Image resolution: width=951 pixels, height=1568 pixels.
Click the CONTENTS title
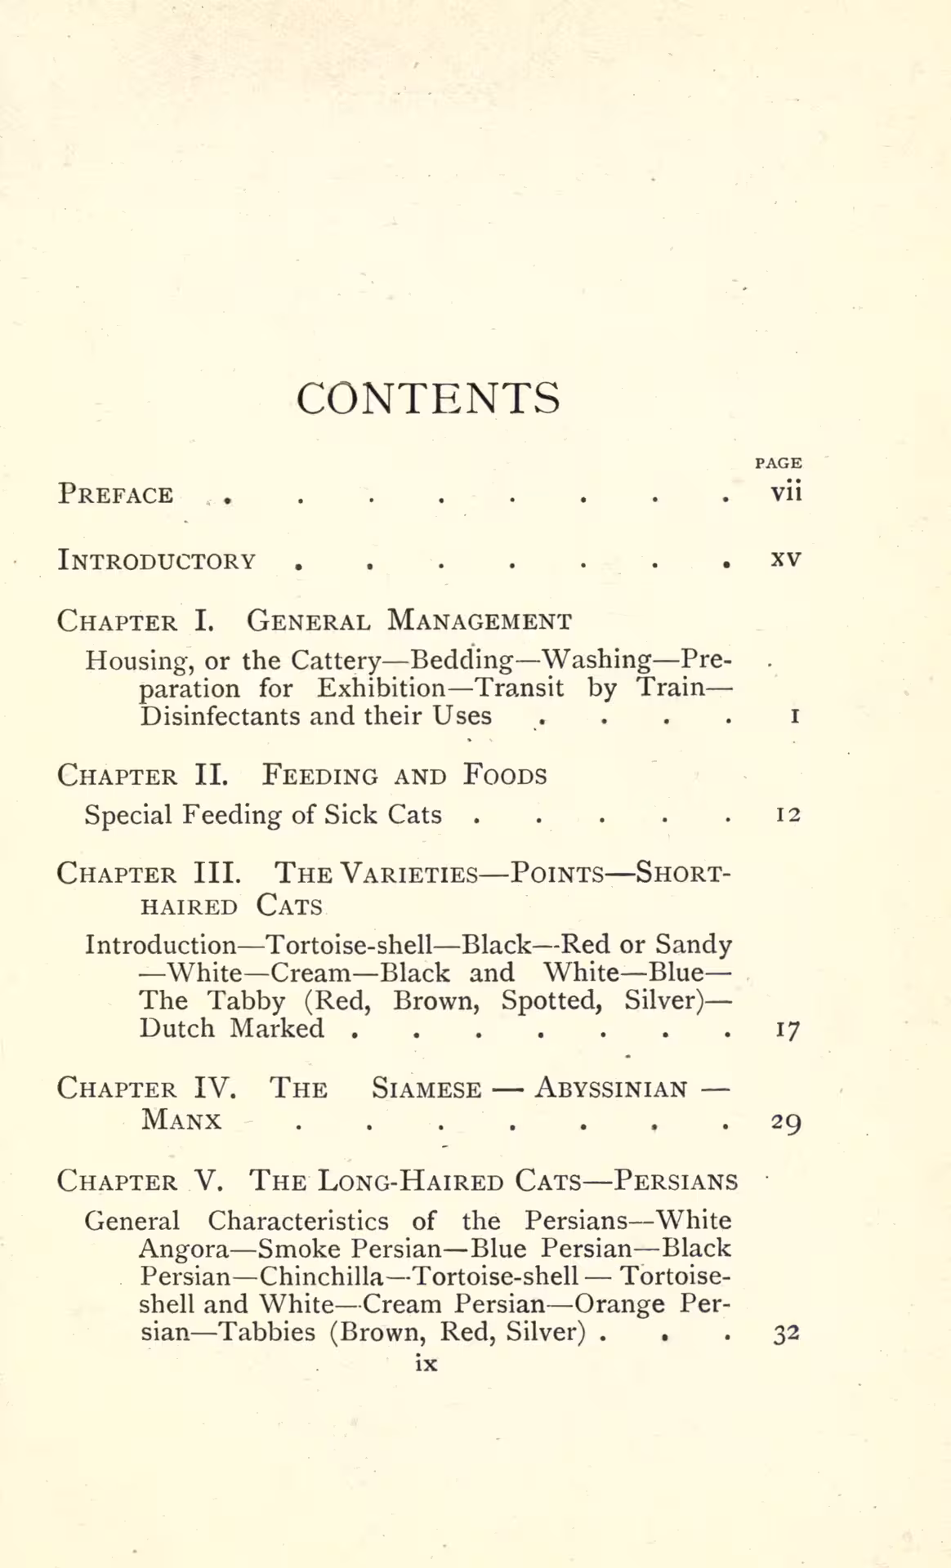(x=428, y=399)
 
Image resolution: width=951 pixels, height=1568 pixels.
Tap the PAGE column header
(x=778, y=463)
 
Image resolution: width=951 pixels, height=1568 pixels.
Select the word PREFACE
(x=115, y=495)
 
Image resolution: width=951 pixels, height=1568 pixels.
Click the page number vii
(x=786, y=492)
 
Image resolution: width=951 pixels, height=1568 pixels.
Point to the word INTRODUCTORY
(x=156, y=561)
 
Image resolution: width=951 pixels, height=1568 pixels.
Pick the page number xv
(x=786, y=560)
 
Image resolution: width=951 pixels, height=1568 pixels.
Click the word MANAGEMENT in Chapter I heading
(x=479, y=621)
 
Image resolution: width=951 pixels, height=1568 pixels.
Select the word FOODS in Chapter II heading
(x=505, y=774)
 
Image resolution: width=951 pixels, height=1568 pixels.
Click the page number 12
(x=788, y=814)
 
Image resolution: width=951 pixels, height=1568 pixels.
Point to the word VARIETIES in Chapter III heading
(x=409, y=874)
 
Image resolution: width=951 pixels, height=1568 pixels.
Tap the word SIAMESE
(x=426, y=1089)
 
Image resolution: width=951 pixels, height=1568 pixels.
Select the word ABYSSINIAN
(x=611, y=1089)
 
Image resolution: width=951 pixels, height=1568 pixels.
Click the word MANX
(x=181, y=1120)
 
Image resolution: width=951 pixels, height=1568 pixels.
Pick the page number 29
(x=786, y=1122)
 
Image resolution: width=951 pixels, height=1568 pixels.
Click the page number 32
(x=786, y=1334)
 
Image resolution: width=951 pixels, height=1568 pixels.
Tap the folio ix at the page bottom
(x=426, y=1363)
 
